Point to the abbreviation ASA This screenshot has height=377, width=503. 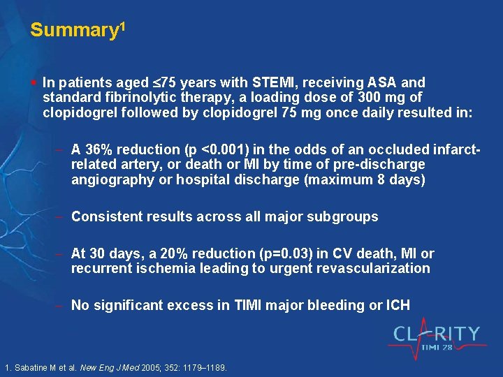pos(375,82)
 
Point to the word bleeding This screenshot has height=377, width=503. pos(329,305)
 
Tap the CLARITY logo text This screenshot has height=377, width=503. pos(437,334)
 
